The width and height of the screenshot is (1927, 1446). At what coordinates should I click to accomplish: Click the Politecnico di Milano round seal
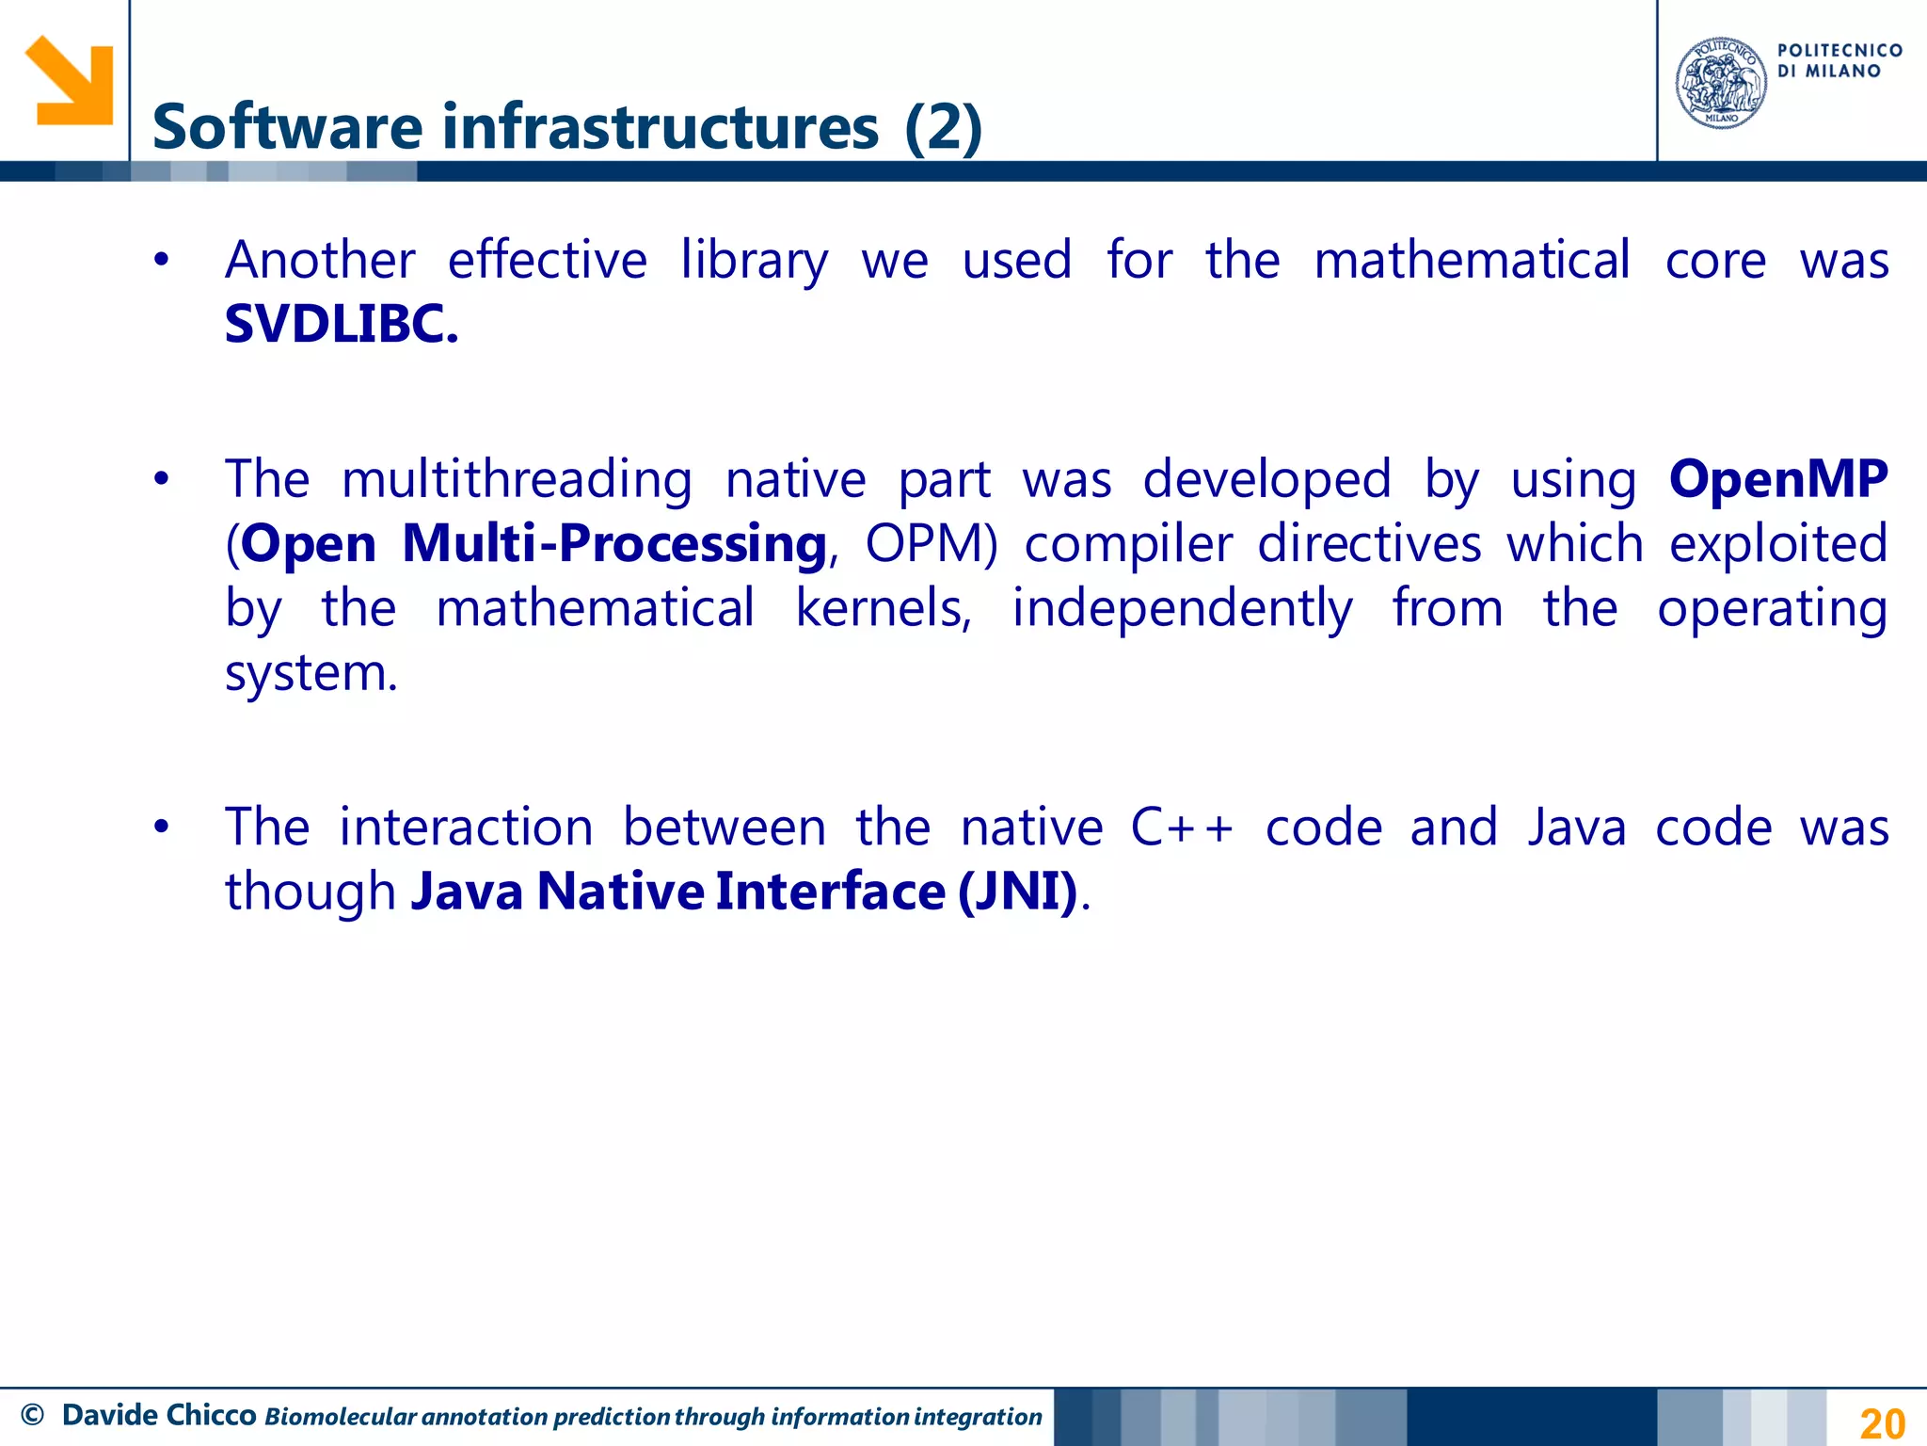pyautogui.click(x=1721, y=83)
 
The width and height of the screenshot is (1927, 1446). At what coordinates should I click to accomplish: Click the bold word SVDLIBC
pyautogui.click(x=341, y=324)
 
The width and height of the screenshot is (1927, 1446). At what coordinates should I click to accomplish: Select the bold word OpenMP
pyautogui.click(x=1778, y=478)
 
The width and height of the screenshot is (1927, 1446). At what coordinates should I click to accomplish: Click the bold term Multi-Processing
pyautogui.click(x=614, y=543)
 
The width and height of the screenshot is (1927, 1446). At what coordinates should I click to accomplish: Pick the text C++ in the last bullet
pyautogui.click(x=1182, y=827)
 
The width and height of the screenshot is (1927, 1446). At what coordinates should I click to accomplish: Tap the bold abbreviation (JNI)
pyautogui.click(x=1017, y=891)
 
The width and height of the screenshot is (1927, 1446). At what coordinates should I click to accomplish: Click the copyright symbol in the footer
pyautogui.click(x=32, y=1415)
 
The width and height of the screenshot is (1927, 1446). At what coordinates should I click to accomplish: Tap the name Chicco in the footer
pyautogui.click(x=212, y=1415)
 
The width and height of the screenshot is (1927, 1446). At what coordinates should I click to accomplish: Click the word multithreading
pyautogui.click(x=517, y=479)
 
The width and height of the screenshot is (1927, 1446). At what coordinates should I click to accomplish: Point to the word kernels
pyautogui.click(x=883, y=608)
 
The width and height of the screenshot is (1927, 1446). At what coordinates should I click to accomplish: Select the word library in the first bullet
pyautogui.click(x=755, y=261)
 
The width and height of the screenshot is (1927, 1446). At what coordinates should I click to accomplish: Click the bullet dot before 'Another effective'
pyautogui.click(x=162, y=260)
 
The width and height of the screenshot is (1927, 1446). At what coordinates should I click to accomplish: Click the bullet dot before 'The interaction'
pyautogui.click(x=162, y=827)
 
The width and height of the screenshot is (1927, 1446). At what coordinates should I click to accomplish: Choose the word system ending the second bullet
pyautogui.click(x=311, y=673)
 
